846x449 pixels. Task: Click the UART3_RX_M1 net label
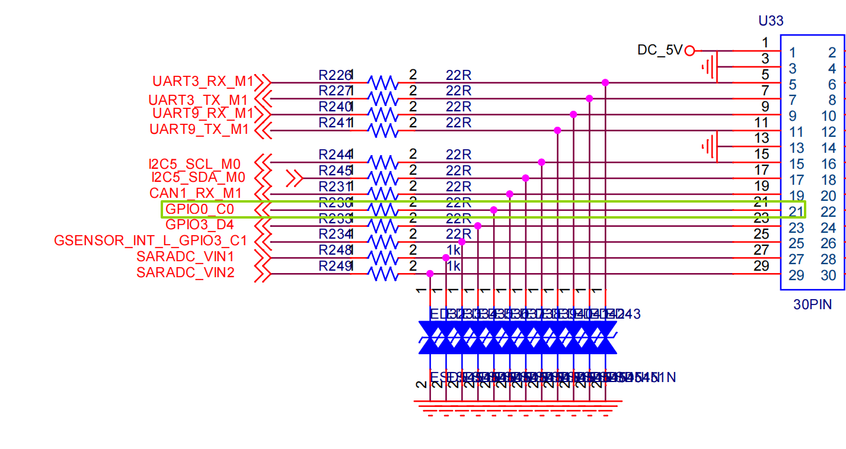pyautogui.click(x=203, y=81)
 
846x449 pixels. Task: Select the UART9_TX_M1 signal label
pyautogui.click(x=199, y=129)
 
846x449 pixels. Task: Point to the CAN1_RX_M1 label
pyautogui.click(x=196, y=193)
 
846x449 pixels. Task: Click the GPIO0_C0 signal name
pyautogui.click(x=200, y=209)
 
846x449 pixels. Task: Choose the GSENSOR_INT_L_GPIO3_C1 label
pyautogui.click(x=151, y=240)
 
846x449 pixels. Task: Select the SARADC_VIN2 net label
pyautogui.click(x=185, y=272)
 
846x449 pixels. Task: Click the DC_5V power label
pyautogui.click(x=660, y=50)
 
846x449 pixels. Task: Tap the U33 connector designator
pyautogui.click(x=771, y=21)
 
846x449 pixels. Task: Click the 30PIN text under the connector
pyautogui.click(x=812, y=305)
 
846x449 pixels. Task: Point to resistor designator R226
pyautogui.click(x=334, y=75)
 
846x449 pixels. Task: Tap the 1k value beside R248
pyautogui.click(x=454, y=250)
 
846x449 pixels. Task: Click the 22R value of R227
pyautogui.click(x=458, y=91)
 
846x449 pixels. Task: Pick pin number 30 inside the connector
pyautogui.click(x=828, y=275)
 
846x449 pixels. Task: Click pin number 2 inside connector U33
pyautogui.click(x=832, y=53)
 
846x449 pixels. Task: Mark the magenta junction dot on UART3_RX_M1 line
pyautogui.click(x=605, y=82)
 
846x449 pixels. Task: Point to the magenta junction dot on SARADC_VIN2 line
pyautogui.click(x=430, y=274)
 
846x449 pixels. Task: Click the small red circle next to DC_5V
pyautogui.click(x=689, y=51)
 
